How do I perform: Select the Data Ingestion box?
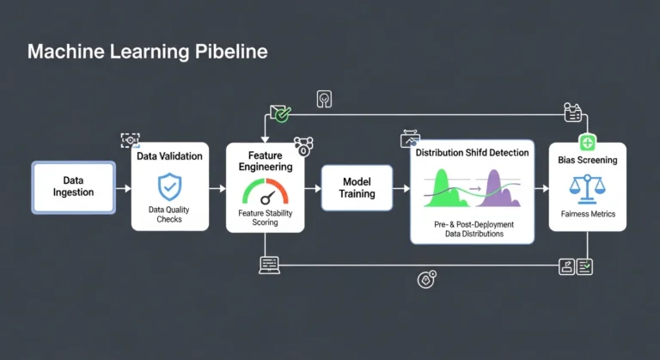point(73,186)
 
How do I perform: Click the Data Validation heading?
point(169,156)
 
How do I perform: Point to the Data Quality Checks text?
point(169,215)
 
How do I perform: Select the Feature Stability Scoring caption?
point(266,217)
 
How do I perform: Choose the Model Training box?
point(357,187)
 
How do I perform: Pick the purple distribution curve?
point(501,189)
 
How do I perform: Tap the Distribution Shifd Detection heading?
point(472,153)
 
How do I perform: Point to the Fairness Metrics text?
point(588,214)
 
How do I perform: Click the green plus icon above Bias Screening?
point(588,143)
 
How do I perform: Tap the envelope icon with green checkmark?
point(280,112)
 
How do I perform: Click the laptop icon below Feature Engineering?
point(269,265)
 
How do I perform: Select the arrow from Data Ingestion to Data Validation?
point(123,187)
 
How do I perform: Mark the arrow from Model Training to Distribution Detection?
point(401,187)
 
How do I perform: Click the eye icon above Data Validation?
point(130,140)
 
